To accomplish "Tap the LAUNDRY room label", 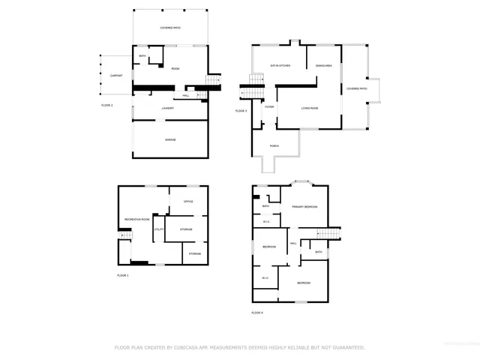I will click(x=168, y=109).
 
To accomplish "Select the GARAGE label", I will click(x=171, y=140).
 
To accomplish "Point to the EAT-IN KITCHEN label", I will click(x=280, y=66).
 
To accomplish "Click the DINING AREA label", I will click(x=324, y=66).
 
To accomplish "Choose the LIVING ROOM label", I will click(x=310, y=108).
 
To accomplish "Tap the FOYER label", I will click(x=268, y=107).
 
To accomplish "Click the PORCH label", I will click(x=274, y=145).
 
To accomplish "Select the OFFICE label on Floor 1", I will click(x=188, y=201).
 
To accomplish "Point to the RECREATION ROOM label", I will click(x=136, y=219).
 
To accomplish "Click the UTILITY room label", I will click(x=159, y=228).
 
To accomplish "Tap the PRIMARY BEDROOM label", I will click(x=304, y=206).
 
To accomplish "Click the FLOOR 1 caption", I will click(x=123, y=275).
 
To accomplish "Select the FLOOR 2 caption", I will click(x=106, y=105).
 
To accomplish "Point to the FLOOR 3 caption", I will click(x=241, y=111).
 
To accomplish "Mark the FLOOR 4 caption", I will click(x=258, y=312).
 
